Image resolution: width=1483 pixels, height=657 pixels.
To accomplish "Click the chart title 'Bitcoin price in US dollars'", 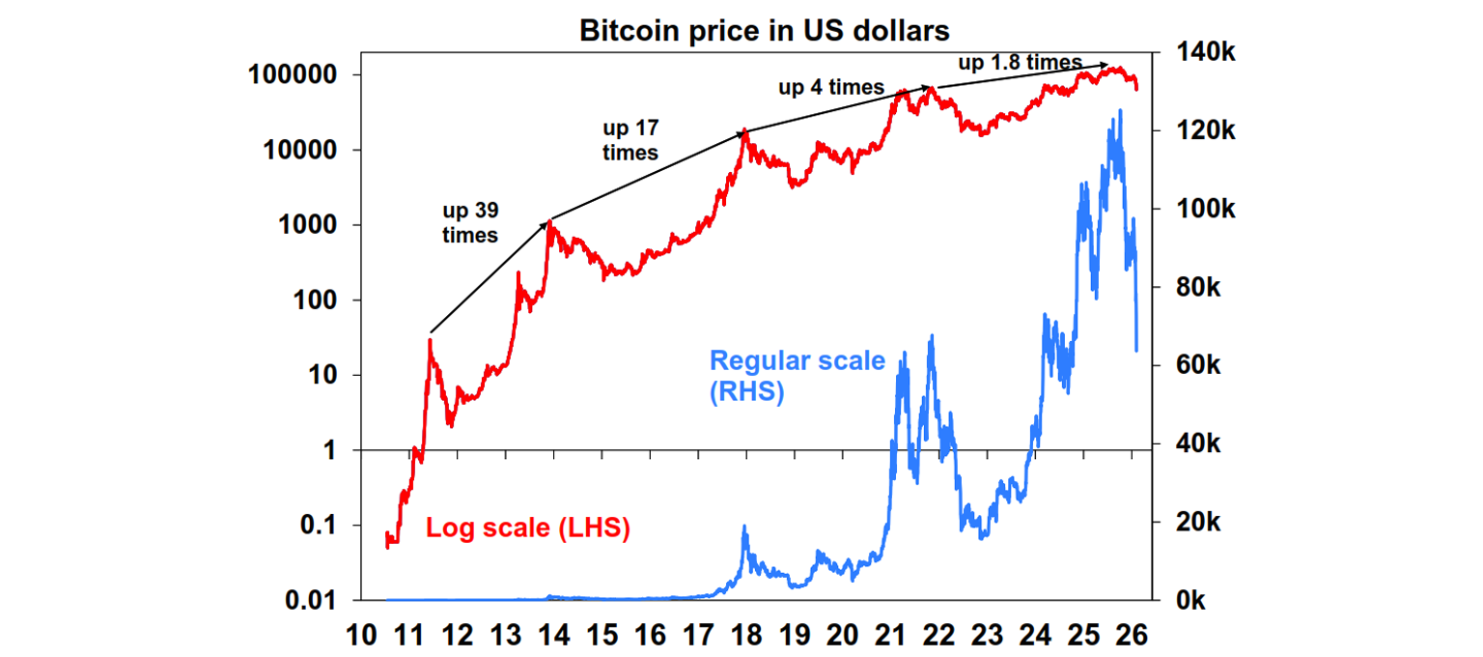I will click(764, 31).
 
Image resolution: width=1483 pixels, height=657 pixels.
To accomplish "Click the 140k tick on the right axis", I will click(1201, 53).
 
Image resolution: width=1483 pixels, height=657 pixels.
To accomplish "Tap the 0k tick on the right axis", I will click(1189, 601).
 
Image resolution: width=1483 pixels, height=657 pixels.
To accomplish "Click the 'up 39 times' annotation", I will click(470, 222).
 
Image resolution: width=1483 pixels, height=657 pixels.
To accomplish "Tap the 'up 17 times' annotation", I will click(630, 140).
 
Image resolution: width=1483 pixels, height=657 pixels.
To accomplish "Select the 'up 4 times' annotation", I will click(831, 88).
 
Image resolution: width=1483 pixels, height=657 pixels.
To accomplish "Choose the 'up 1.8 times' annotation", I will click(1020, 63).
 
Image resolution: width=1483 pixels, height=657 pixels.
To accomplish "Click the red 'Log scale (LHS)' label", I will click(528, 528).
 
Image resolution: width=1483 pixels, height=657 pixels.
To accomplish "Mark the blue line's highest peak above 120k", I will click(1120, 111).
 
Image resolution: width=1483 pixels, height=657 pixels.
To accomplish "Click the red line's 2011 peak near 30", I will click(430, 340).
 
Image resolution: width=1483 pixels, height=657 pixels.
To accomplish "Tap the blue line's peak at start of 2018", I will click(744, 527).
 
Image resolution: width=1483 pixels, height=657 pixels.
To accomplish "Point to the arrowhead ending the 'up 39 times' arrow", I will click(548, 221).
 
